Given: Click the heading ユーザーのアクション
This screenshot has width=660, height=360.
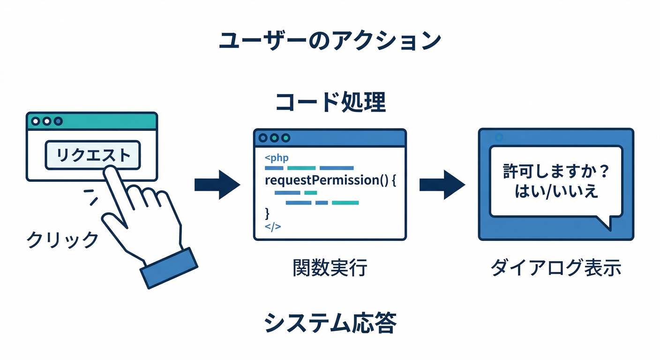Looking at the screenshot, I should pyautogui.click(x=330, y=41).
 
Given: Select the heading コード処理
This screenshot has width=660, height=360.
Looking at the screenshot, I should pyautogui.click(x=330, y=102).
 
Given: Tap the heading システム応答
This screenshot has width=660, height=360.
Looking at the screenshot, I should pyautogui.click(x=330, y=322).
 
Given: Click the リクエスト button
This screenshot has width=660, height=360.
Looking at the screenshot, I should pyautogui.click(x=92, y=155).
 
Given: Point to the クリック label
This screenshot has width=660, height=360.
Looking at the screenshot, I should pyautogui.click(x=62, y=240).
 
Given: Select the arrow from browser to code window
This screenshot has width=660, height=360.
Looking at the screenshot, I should pyautogui.click(x=217, y=184).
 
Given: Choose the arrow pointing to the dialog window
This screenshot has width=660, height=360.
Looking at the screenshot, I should pyautogui.click(x=442, y=184).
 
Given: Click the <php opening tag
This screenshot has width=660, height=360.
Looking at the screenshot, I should pyautogui.click(x=276, y=157).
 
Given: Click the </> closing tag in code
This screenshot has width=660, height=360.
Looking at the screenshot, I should pyautogui.click(x=272, y=226).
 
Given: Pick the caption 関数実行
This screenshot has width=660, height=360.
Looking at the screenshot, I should pyautogui.click(x=330, y=268).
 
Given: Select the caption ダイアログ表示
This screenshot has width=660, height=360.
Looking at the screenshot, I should pyautogui.click(x=555, y=268).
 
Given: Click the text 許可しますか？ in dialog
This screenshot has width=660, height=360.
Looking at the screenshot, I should pyautogui.click(x=555, y=172).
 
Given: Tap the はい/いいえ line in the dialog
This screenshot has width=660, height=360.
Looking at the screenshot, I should pyautogui.click(x=555, y=191).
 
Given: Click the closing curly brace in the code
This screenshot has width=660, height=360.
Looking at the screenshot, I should pyautogui.click(x=267, y=214).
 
